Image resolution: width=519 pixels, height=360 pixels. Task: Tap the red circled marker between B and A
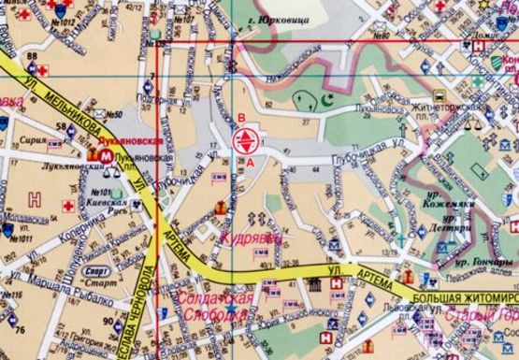point(243,141)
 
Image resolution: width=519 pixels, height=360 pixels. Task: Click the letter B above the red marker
point(242,117)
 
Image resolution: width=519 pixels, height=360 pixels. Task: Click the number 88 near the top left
point(33,56)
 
